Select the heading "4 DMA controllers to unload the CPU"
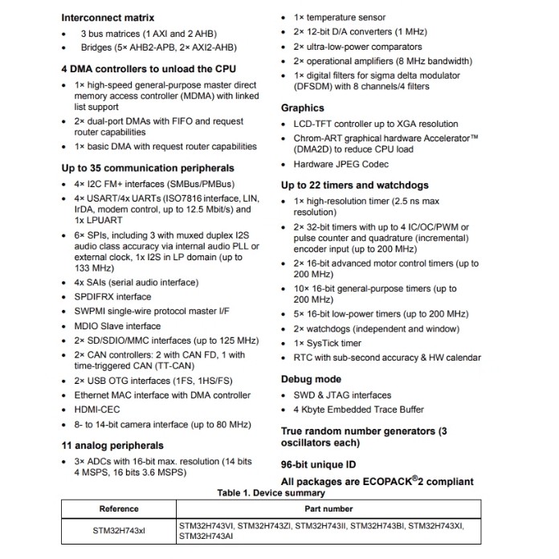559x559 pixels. (149, 70)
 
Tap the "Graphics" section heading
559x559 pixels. (302, 108)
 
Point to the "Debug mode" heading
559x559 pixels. (311, 379)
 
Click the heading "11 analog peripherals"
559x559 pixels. (112, 445)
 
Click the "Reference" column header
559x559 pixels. (119, 508)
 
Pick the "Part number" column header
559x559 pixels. (328, 508)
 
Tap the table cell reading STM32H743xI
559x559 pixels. (119, 531)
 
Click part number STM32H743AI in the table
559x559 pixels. (205, 536)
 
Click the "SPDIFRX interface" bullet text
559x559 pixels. (112, 296)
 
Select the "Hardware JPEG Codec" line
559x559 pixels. (341, 165)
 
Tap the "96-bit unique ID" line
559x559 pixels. (319, 465)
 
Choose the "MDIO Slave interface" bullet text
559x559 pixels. (117, 326)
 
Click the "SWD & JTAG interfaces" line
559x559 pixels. (342, 395)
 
